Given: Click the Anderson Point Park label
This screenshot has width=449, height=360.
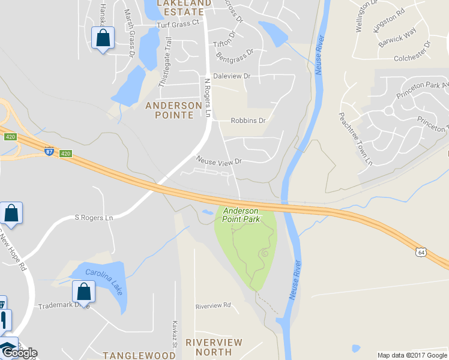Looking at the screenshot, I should click(x=241, y=215).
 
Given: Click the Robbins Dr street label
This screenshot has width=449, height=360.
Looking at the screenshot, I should click(x=248, y=121).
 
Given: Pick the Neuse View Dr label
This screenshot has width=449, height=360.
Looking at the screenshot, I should click(x=218, y=161).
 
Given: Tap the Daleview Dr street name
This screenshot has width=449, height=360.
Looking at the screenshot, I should click(x=231, y=77).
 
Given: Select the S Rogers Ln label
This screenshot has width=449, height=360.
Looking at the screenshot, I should click(x=93, y=218).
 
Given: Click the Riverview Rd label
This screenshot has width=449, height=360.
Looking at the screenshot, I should click(x=213, y=305).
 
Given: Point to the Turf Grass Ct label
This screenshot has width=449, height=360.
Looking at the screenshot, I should click(x=177, y=24).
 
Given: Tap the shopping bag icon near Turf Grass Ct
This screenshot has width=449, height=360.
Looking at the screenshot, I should click(x=103, y=38).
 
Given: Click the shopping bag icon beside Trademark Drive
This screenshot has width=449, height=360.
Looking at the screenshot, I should click(x=83, y=292).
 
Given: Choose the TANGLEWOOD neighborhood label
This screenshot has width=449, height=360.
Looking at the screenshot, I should click(x=139, y=355).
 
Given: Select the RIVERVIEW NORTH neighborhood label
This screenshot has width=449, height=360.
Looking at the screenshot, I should click(x=214, y=347).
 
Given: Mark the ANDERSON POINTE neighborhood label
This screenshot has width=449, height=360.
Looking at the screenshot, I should click(x=174, y=110).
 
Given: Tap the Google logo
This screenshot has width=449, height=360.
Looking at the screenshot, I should click(x=19, y=353).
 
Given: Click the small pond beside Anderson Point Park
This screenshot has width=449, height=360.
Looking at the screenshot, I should click(x=208, y=212).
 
